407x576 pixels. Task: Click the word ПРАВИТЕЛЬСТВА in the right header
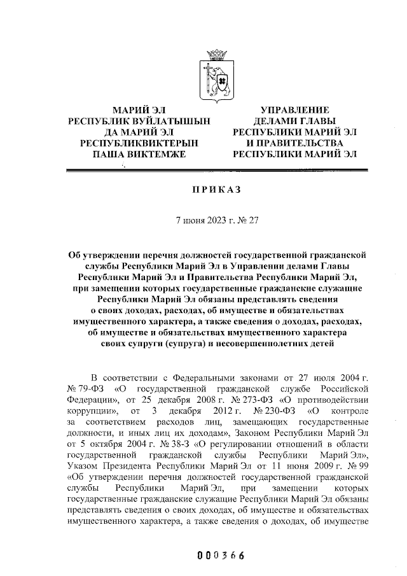point(299,143)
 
